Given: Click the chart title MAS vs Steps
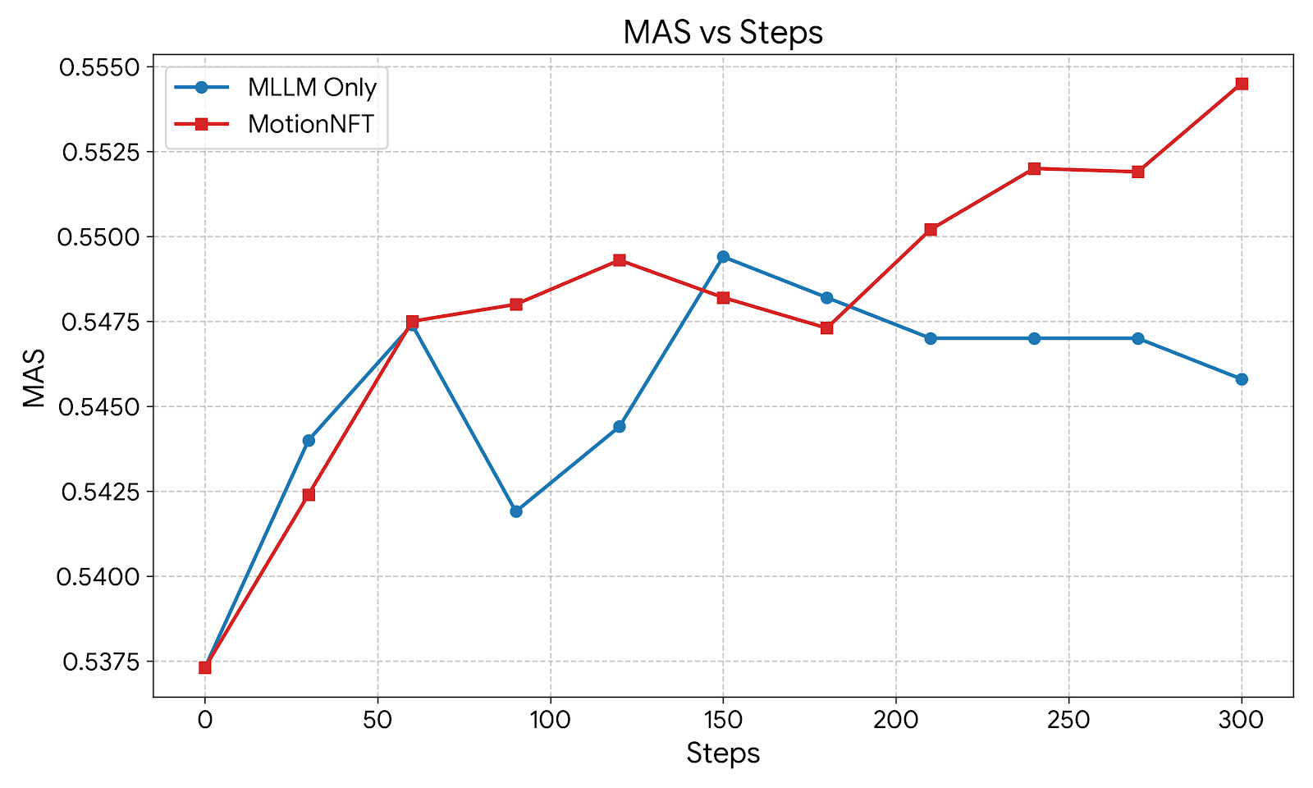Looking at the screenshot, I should point(722,33).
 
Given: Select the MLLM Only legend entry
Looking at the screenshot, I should point(312,87).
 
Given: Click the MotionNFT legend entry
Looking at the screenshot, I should point(310,124).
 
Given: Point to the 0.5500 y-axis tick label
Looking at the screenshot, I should point(98,237).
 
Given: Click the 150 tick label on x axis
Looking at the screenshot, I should point(723,721).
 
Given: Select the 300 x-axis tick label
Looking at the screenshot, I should point(1241,721).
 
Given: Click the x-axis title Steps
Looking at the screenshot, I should point(723,754).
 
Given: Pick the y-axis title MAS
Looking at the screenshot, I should point(34,378).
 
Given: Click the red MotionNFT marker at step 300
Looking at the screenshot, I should point(1242,84).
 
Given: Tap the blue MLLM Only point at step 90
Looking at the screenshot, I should point(516,511).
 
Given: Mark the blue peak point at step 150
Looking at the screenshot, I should point(723,257).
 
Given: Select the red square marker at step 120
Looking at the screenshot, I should point(620,260).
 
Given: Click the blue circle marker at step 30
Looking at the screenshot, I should point(309,441).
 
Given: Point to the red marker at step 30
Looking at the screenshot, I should point(309,495).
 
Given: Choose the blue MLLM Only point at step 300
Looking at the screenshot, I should point(1242,379).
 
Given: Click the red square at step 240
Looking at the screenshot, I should point(1034,168).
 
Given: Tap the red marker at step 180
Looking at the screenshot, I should point(826,328).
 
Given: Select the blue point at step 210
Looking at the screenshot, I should point(931,338).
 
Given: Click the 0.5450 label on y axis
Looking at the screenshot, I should point(98,407).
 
